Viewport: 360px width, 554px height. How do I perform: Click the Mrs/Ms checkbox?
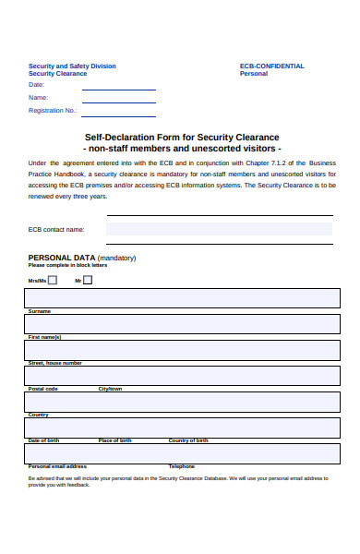coord(52,280)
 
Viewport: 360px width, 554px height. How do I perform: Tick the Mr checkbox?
coord(88,280)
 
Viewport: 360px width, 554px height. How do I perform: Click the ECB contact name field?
coord(219,230)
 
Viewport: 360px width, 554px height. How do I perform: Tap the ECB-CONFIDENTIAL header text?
coord(271,66)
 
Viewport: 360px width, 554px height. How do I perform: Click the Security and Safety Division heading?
coord(72,66)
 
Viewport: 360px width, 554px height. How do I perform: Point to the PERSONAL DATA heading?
coord(62,258)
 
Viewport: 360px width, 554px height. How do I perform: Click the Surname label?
coord(40,311)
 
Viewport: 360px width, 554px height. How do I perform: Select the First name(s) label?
coord(44,337)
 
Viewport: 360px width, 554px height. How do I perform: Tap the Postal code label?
coord(42,389)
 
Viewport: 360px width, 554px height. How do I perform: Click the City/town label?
coord(110,389)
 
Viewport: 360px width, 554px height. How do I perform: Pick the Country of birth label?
coord(188,440)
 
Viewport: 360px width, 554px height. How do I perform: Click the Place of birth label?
coord(114,440)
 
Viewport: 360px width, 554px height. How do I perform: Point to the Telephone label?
coord(182,466)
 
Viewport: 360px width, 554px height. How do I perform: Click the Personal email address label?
coord(57,466)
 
